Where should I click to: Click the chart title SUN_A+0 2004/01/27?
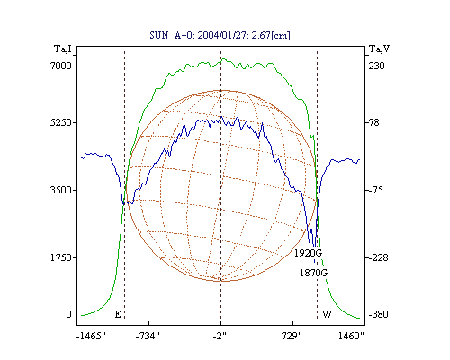pyautogui.click(x=220, y=35)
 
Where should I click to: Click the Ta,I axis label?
pyautogui.click(x=63, y=49)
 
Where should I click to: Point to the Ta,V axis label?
pyautogui.click(x=380, y=49)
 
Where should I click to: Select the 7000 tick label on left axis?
pyautogui.click(x=61, y=66)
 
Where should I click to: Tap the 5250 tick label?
pyautogui.click(x=61, y=122)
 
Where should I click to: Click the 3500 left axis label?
pyautogui.click(x=61, y=190)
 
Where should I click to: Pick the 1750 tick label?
pyautogui.click(x=61, y=257)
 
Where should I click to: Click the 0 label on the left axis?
pyautogui.click(x=69, y=314)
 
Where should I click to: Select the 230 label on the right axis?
pyautogui.click(x=377, y=66)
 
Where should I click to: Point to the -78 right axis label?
pyautogui.click(x=373, y=122)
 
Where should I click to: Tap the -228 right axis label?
pyautogui.click(x=378, y=257)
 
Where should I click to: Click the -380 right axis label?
pyautogui.click(x=378, y=314)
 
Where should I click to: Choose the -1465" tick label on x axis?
pyautogui.click(x=91, y=336)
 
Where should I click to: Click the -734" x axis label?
pyautogui.click(x=148, y=336)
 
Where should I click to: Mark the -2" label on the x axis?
pyautogui.click(x=220, y=336)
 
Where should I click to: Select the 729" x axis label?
pyautogui.click(x=292, y=336)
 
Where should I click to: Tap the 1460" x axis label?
pyautogui.click(x=351, y=336)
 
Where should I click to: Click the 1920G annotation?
pyautogui.click(x=308, y=253)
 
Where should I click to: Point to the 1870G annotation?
pyautogui.click(x=314, y=273)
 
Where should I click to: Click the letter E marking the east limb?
pyautogui.click(x=118, y=314)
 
